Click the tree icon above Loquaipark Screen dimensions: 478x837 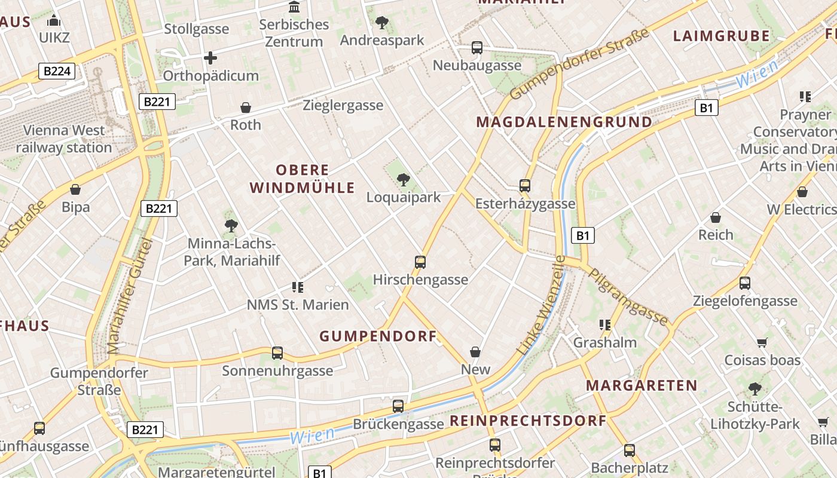[404, 179]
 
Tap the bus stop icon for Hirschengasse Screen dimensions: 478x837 [420, 262]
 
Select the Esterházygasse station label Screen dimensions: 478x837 [525, 204]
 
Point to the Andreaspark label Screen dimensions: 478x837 [381, 40]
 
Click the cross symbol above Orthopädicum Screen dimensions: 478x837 [210, 58]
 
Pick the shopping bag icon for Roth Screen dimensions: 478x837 [246, 108]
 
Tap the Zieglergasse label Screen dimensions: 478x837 [343, 106]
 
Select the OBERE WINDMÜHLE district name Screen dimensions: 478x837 [302, 179]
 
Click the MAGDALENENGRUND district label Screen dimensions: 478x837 [564, 122]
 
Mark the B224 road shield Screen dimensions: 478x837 [57, 71]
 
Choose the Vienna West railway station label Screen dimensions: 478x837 [64, 139]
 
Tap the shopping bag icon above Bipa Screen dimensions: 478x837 [75, 190]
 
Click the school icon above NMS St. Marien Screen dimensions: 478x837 [298, 287]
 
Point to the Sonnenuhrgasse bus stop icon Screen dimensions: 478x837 [277, 353]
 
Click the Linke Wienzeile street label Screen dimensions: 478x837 [542, 306]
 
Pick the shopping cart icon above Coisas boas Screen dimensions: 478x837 [762, 343]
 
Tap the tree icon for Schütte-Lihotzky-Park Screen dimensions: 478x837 [755, 389]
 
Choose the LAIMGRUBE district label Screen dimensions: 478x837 [721, 36]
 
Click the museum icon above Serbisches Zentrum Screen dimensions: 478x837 [294, 7]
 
